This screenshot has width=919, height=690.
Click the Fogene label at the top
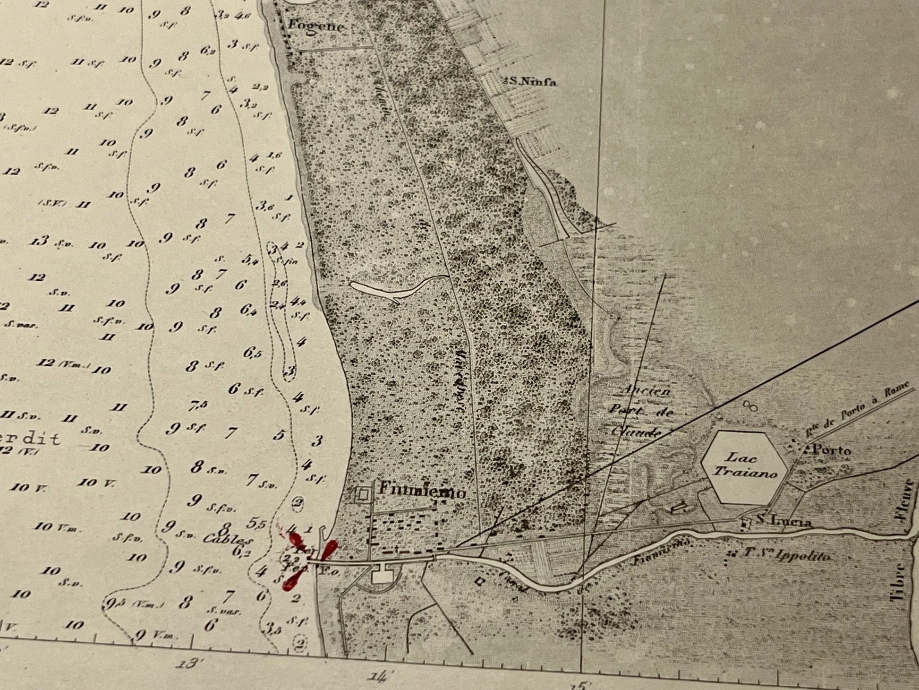(x=316, y=26)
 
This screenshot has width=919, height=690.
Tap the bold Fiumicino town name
(x=422, y=492)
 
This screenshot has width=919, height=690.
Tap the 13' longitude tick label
(x=188, y=664)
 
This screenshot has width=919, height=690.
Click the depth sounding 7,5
(x=198, y=405)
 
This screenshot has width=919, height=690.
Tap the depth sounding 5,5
(x=256, y=523)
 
